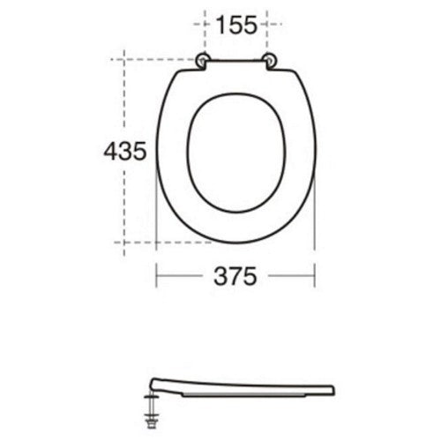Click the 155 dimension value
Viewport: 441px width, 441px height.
(236, 25)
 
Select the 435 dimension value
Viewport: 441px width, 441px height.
(125, 152)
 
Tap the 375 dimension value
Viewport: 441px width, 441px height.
(235, 276)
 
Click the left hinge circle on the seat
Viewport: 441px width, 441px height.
(202, 61)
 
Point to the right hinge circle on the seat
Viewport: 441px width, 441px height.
(270, 61)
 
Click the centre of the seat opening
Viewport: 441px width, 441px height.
(236, 153)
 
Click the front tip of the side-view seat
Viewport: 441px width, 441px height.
(333, 390)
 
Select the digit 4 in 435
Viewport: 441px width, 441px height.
(110, 152)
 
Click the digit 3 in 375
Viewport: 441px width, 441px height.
(220, 276)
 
